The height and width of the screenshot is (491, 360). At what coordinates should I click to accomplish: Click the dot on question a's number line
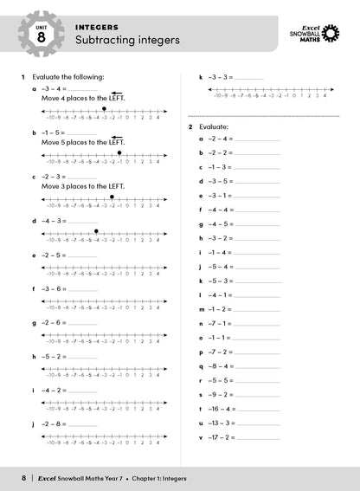click(x=104, y=109)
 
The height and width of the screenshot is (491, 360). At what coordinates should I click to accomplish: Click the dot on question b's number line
click(x=119, y=152)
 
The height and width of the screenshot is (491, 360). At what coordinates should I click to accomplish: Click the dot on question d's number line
click(x=96, y=231)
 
